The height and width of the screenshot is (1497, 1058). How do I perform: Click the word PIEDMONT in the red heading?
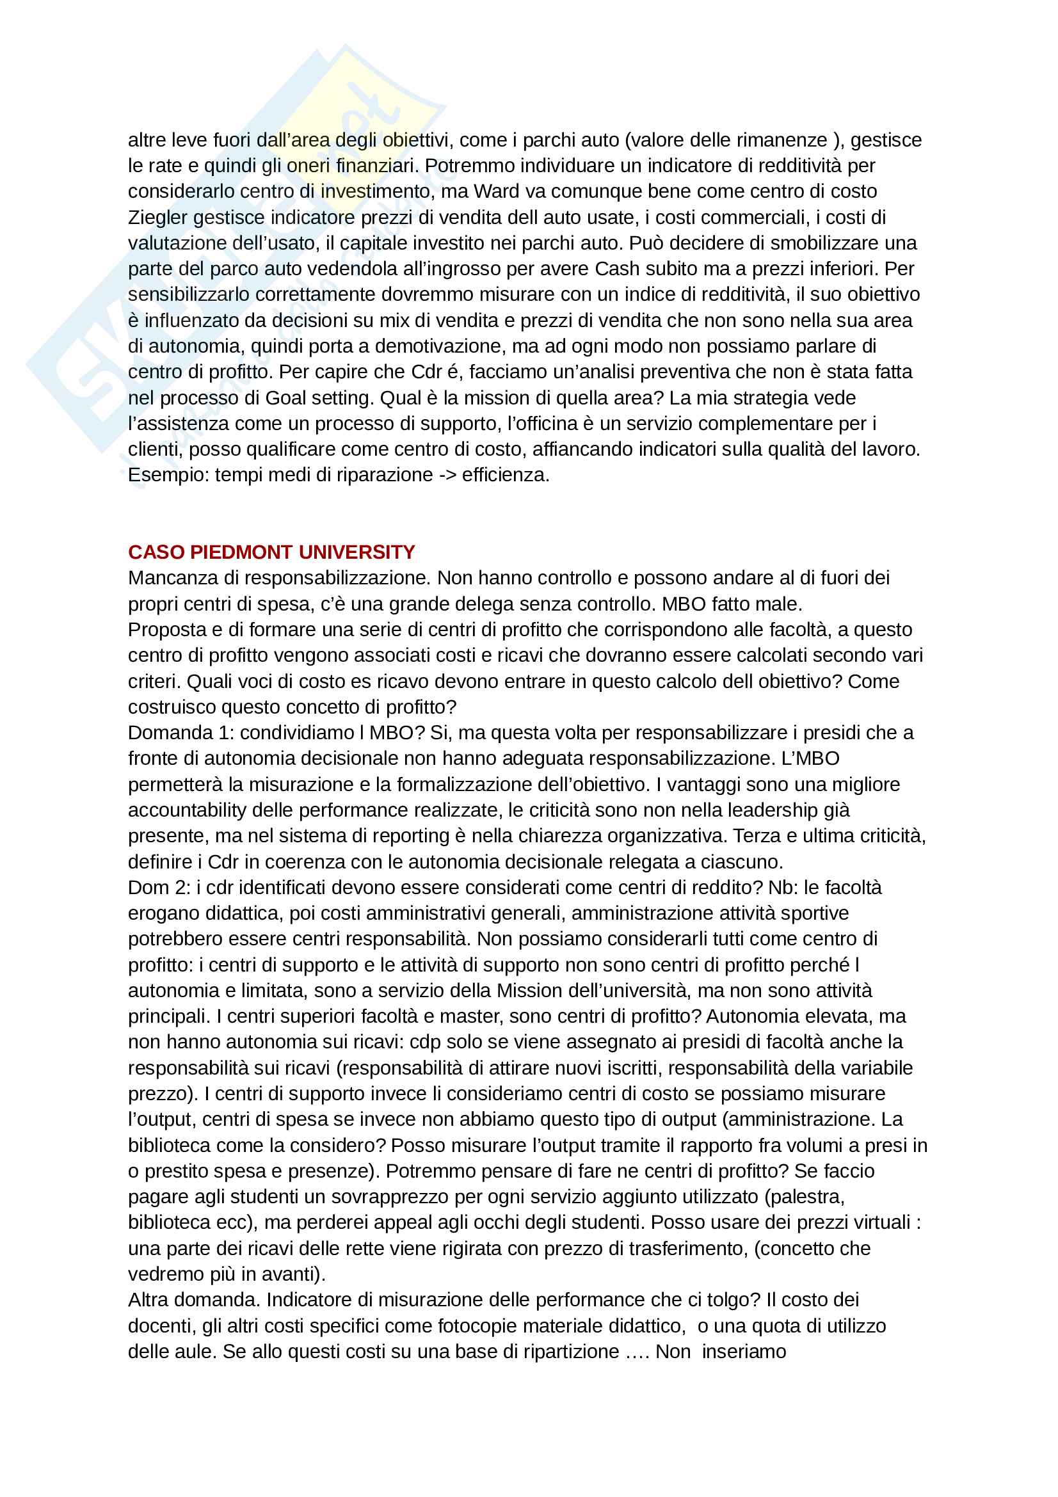tap(241, 552)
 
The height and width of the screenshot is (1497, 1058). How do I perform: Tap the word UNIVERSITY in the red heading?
tap(357, 552)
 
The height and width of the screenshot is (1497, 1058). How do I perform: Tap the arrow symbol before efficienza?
tap(447, 475)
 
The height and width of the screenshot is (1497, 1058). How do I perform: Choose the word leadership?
tap(775, 810)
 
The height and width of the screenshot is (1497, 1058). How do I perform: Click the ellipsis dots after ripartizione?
tap(637, 1351)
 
